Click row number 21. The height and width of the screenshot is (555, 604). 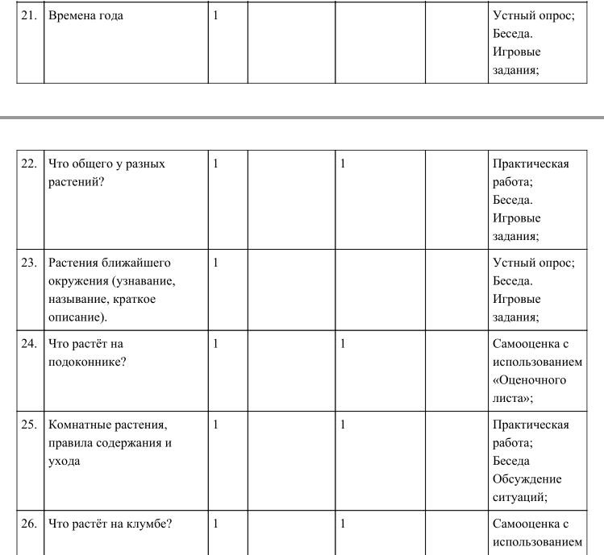[29, 15]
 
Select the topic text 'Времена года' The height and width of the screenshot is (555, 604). [86, 15]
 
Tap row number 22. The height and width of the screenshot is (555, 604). [29, 164]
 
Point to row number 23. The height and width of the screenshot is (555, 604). [29, 263]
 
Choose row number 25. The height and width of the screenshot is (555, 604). [29, 425]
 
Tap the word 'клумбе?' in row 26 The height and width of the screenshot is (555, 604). [152, 524]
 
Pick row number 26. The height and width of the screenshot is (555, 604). [29, 524]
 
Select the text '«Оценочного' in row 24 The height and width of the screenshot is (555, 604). [529, 380]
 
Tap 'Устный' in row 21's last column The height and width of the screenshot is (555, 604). [513, 15]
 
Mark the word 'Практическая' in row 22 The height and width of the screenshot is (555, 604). [531, 164]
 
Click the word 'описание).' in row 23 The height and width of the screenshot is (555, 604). [77, 317]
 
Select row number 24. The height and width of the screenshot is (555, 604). [29, 344]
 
